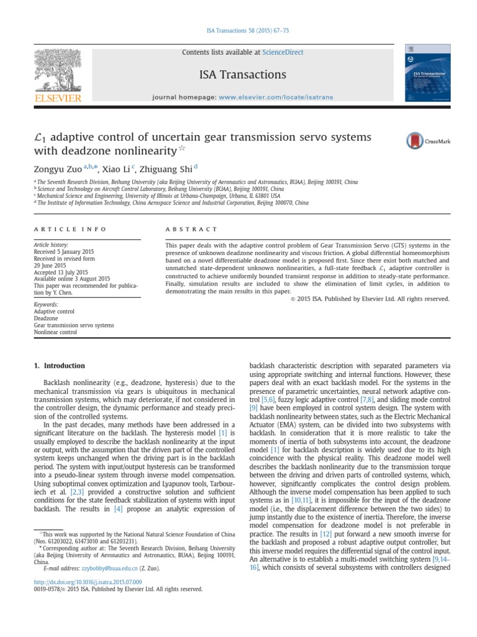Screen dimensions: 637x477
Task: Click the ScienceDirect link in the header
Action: click(x=283, y=53)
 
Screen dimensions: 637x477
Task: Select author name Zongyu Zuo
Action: click(x=57, y=169)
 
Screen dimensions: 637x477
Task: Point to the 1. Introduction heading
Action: click(x=59, y=366)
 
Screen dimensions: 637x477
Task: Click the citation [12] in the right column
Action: click(x=326, y=534)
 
